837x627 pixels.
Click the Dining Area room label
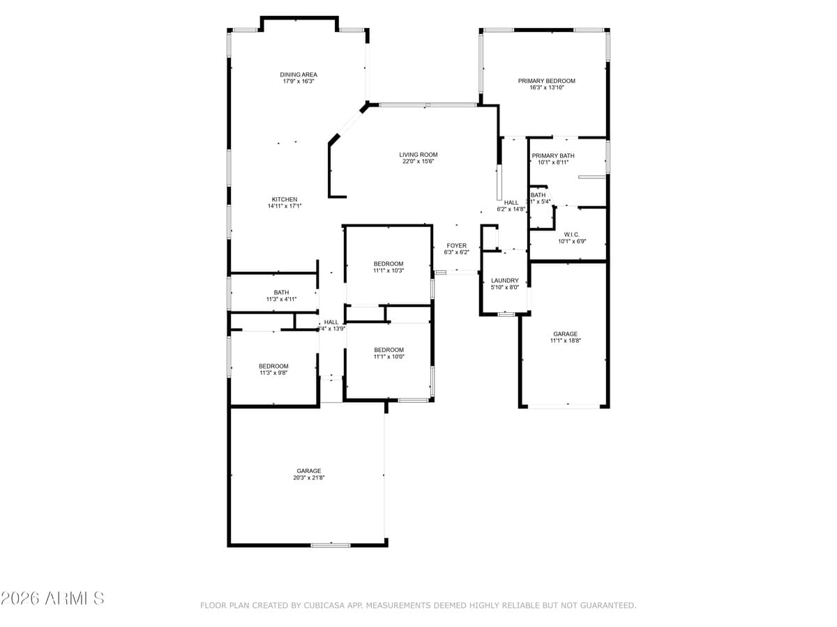[x=299, y=75]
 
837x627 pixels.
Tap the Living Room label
[x=418, y=155]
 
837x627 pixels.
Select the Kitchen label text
[x=285, y=199]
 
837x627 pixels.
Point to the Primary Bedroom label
[x=546, y=81]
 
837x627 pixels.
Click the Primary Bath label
[x=553, y=155]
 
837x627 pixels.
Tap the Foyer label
[x=457, y=246]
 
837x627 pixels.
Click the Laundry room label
[x=505, y=281]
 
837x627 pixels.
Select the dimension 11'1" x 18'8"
[x=566, y=341]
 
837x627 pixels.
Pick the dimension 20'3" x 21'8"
[x=309, y=477]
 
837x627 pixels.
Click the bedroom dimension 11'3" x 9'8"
[x=273, y=373]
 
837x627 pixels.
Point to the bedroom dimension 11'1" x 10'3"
[x=389, y=270]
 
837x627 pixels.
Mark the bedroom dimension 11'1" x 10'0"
[x=389, y=356]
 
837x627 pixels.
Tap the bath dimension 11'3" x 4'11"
[x=281, y=299]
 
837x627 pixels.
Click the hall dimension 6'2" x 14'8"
[x=511, y=209]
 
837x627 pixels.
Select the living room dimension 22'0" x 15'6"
[x=418, y=162]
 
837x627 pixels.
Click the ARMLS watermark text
[x=53, y=598]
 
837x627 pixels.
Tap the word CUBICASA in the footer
[x=323, y=605]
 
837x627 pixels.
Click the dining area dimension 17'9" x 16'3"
[x=299, y=82]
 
